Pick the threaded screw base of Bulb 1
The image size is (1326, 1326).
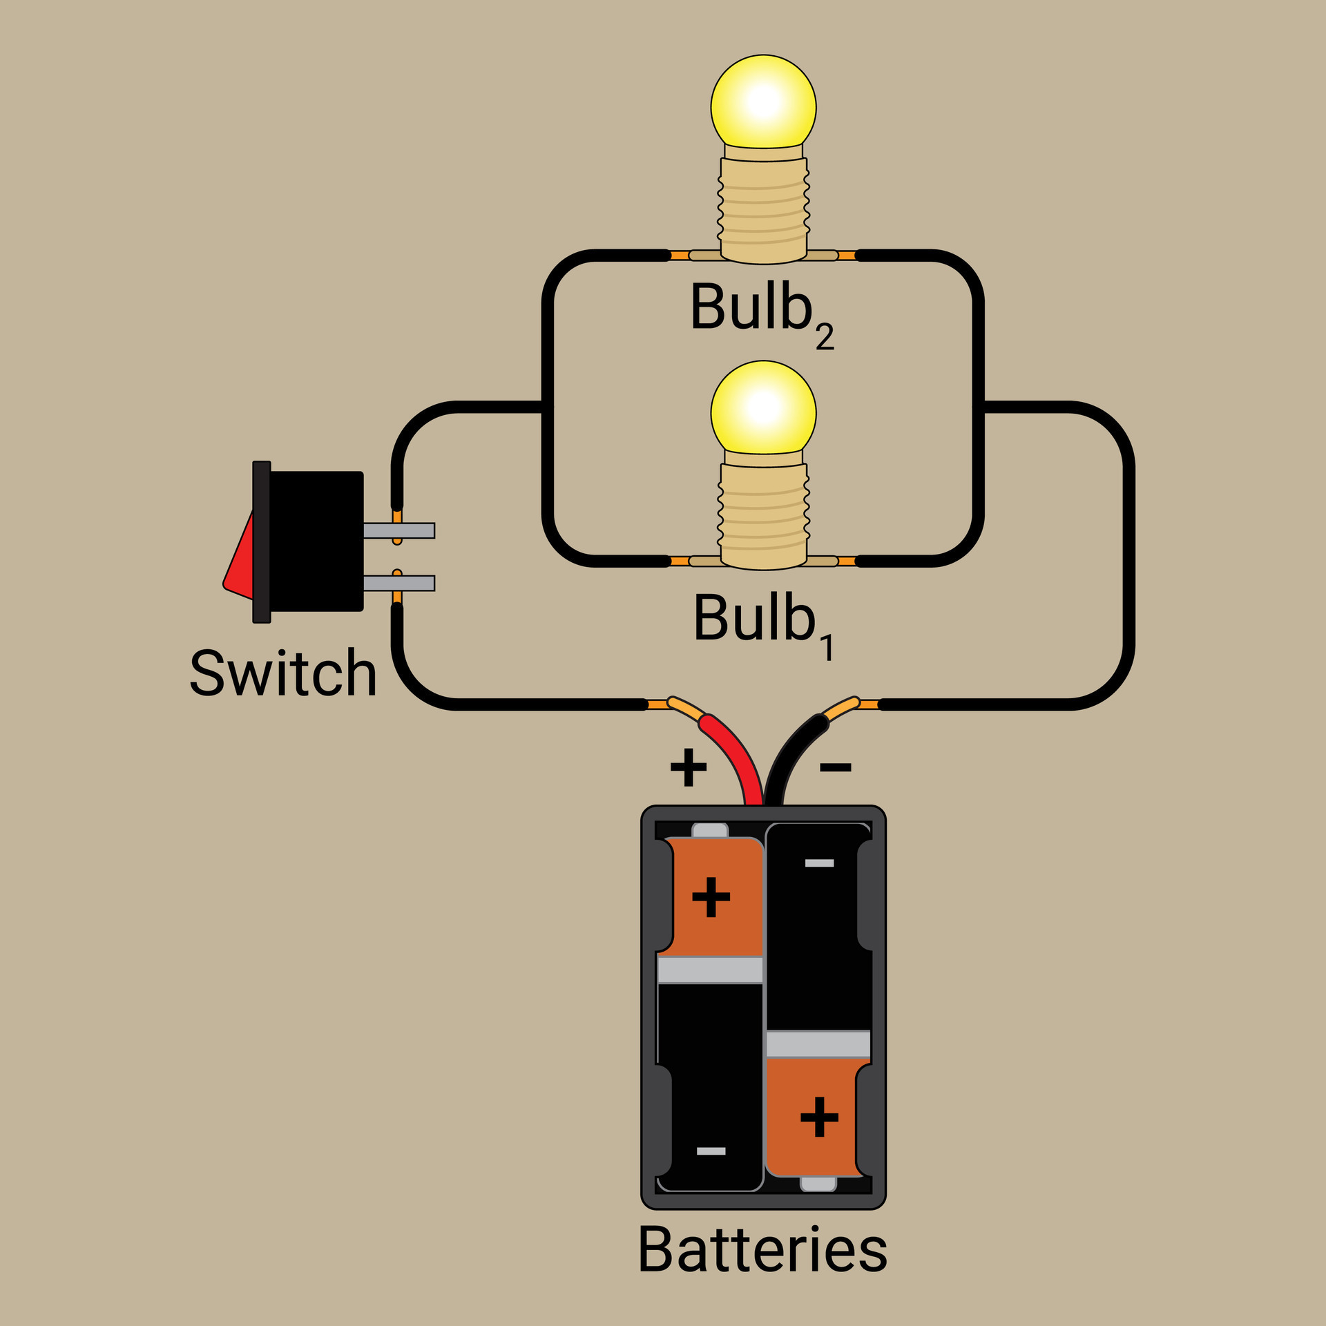(x=763, y=515)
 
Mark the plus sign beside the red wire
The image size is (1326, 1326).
(x=689, y=767)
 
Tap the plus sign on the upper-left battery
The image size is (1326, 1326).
(x=711, y=897)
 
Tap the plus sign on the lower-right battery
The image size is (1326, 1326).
(x=819, y=1117)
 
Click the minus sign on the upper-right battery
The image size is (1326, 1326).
(x=819, y=863)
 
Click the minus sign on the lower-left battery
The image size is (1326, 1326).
(x=711, y=1151)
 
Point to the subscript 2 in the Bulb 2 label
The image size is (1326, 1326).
(x=825, y=338)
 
